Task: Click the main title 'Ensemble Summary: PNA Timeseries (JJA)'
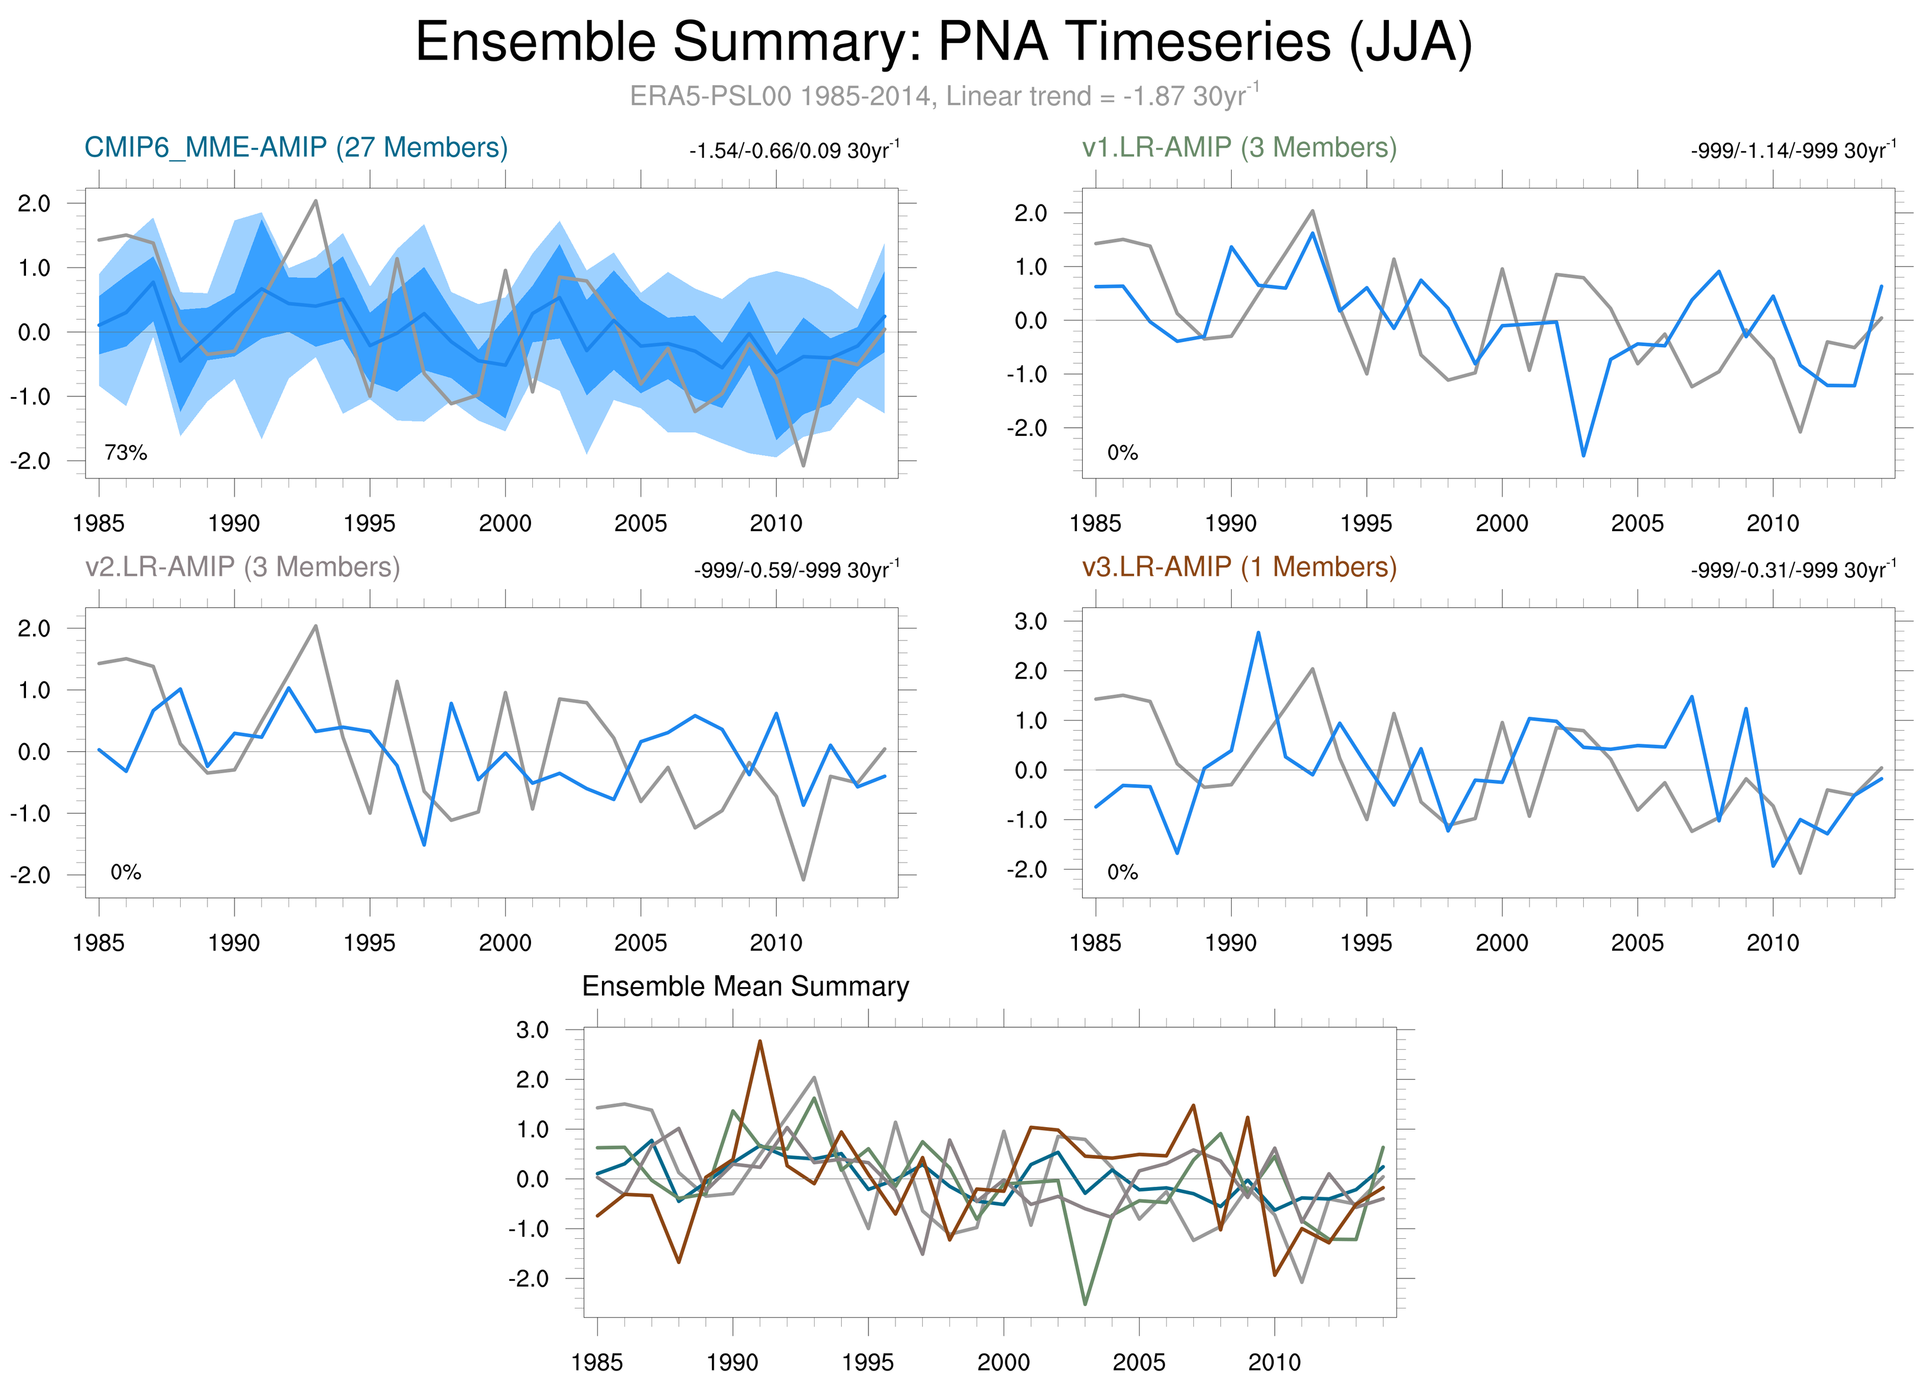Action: point(943,43)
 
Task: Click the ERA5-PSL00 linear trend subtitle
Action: point(943,96)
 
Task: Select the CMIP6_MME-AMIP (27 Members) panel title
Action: point(296,148)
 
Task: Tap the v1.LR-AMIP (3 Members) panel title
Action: point(1239,148)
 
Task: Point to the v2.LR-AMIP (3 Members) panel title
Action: point(243,567)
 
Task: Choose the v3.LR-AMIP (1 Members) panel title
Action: point(1239,567)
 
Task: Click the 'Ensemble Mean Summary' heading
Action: point(745,987)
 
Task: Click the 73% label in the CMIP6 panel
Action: point(126,453)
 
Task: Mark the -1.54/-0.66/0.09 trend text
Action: point(794,151)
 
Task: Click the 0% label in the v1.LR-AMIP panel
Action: point(1122,453)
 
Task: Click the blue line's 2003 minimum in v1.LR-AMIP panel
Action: point(1583,455)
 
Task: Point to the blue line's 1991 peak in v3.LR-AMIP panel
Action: point(1258,633)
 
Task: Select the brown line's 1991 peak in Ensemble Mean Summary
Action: point(759,1041)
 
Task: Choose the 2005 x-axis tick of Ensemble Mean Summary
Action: point(1138,1362)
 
